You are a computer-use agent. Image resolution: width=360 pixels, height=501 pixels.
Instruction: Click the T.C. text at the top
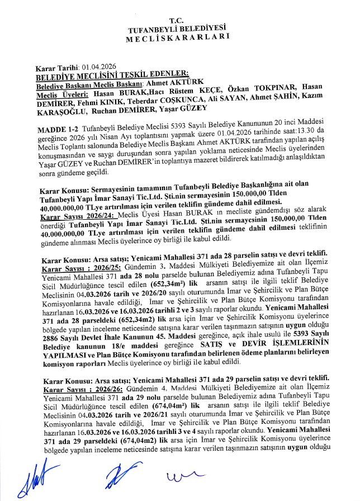coord(180,20)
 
